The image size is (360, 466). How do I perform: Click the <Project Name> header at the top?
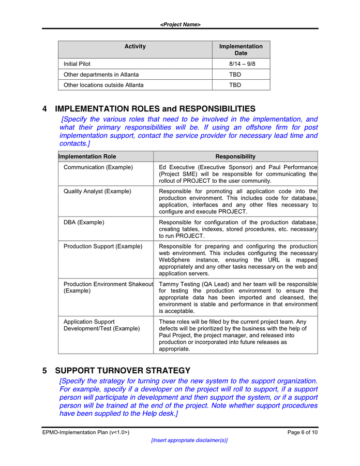point(180,24)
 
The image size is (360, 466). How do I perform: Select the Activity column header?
point(135,47)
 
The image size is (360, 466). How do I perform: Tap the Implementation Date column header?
point(241,50)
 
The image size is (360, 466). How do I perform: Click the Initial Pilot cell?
point(77,64)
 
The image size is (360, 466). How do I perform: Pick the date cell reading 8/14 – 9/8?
point(242,64)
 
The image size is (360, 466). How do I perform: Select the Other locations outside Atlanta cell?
point(103,85)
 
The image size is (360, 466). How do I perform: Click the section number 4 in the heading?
point(45,109)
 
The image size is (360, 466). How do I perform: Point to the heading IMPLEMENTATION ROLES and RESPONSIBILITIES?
point(155,109)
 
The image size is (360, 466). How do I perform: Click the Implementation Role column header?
point(87,156)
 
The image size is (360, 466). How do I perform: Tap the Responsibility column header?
point(235,156)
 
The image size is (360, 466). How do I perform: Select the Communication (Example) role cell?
point(98,167)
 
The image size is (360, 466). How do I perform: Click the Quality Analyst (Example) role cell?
point(97,192)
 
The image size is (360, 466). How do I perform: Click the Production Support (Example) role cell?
point(103,246)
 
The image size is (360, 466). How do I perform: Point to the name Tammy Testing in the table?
point(179,284)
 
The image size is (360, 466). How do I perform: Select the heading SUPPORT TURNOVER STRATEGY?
point(123,371)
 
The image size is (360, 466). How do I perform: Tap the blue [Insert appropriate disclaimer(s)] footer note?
point(189,440)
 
